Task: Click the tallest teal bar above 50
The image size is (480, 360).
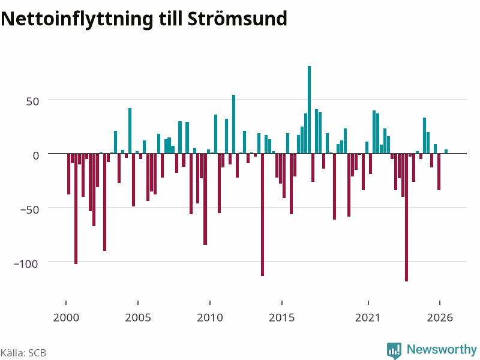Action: coord(309,110)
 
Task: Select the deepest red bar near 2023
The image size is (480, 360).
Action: coord(407,217)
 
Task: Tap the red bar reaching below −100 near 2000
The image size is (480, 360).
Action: coord(76,208)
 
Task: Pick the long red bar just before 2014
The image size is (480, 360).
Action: coord(262,215)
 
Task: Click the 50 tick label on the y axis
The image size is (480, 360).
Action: coord(32,101)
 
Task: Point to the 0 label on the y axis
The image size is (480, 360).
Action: coord(36,155)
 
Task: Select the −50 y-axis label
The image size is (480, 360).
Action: coord(29,209)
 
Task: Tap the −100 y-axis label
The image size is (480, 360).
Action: coord(26,263)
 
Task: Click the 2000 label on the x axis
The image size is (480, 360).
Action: coord(66,317)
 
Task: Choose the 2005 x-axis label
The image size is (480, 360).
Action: coord(138,317)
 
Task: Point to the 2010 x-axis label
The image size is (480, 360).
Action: coord(210,317)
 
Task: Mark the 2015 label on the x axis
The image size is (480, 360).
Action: coord(282,317)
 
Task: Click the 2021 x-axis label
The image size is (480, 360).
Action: coord(368,317)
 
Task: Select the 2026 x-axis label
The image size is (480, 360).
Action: coord(440,317)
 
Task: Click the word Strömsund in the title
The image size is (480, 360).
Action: coord(238,19)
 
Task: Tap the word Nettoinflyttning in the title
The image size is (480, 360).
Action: coord(77,20)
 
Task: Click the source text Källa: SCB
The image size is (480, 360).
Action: coord(23,353)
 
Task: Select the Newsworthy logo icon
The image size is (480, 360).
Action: coord(394,350)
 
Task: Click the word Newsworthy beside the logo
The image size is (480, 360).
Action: coord(442,349)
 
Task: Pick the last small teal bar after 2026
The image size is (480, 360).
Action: coord(446,151)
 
